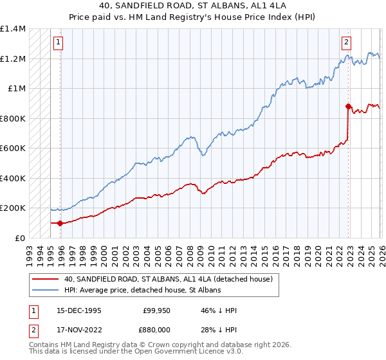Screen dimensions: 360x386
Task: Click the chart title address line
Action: [x=193, y=7]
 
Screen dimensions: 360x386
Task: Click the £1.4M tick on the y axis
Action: [x=13, y=29]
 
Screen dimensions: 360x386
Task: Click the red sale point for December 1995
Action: [x=60, y=224]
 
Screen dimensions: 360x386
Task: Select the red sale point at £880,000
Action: [x=348, y=106]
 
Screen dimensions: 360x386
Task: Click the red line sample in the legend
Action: [x=46, y=279]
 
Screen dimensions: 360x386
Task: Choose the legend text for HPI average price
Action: [x=142, y=290]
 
